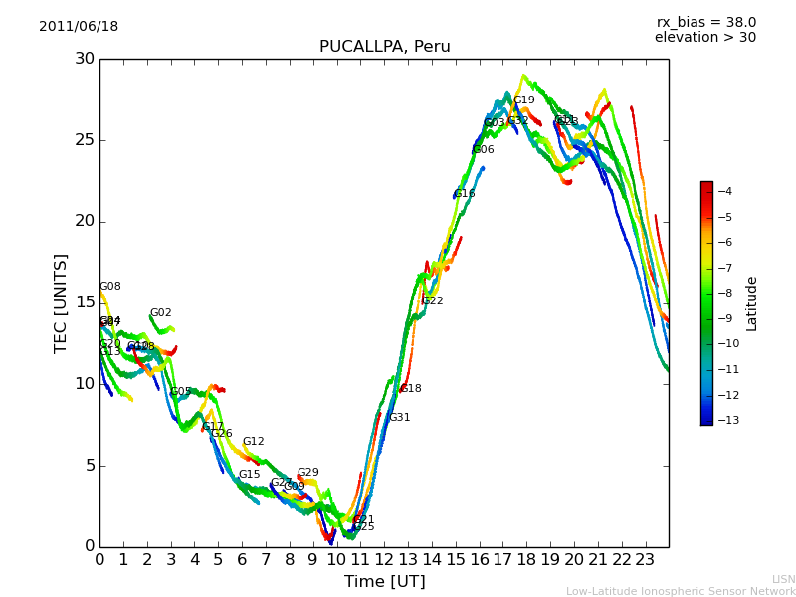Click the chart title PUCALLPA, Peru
pos(384,47)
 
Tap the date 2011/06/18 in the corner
pos(79,27)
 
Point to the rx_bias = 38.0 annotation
pos(705,23)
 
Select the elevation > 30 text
pos(704,38)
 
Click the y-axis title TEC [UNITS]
pos(62,302)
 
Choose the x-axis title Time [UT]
pos(384,582)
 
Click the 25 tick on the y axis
pos(84,140)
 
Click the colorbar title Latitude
pos(752,303)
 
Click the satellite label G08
pos(109,287)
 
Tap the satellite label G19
pos(524,100)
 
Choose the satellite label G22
pos(433,301)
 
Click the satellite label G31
pos(399,418)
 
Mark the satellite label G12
pos(254,442)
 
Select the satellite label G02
pos(160,313)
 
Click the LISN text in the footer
pos(783,579)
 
